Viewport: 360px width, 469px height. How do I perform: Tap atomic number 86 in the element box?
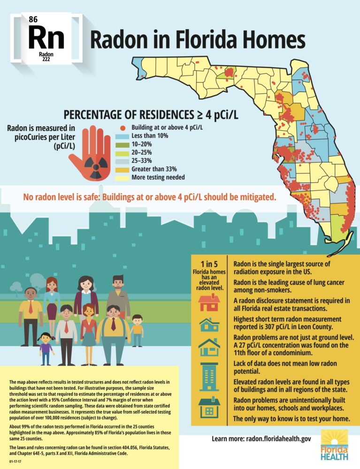point(33,19)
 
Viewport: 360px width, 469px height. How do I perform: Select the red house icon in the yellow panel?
point(209,303)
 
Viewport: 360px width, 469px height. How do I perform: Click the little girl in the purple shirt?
point(46,348)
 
